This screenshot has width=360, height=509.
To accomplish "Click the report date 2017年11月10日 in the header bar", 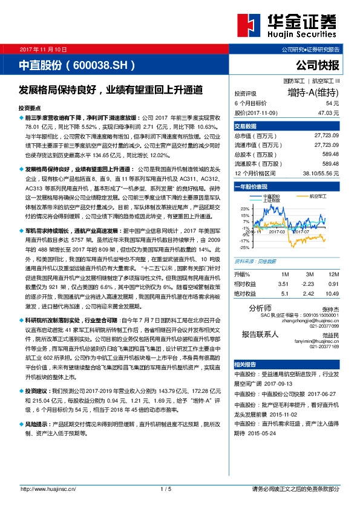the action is tap(43, 48).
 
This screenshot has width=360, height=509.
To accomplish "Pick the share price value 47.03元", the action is tap(328, 112).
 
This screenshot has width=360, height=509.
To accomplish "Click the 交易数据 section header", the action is tap(246, 126).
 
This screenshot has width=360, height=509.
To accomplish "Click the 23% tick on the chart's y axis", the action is tap(244, 208).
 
